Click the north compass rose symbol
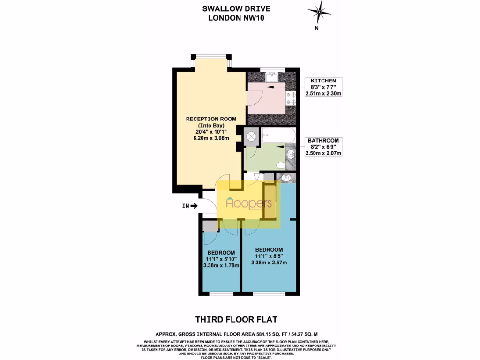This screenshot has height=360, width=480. tap(319, 11)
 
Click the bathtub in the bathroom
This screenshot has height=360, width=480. tap(278, 136)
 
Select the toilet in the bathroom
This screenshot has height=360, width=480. tap(281, 165)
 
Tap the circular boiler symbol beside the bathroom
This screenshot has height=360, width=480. tap(251, 136)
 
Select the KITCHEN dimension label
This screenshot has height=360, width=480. tap(323, 87)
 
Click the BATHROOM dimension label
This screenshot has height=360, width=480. tap(323, 147)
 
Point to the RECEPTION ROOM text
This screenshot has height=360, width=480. tap(211, 119)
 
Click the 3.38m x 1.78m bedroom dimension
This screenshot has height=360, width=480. tap(222, 265)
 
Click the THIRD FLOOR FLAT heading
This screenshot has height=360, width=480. tap(236, 320)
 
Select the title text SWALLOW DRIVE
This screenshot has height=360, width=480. tap(236, 8)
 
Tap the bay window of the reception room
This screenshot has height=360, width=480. tap(210, 58)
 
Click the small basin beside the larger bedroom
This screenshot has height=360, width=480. tap(286, 177)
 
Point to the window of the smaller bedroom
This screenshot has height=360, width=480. tap(222, 294)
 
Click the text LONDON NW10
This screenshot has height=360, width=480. tap(236, 18)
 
